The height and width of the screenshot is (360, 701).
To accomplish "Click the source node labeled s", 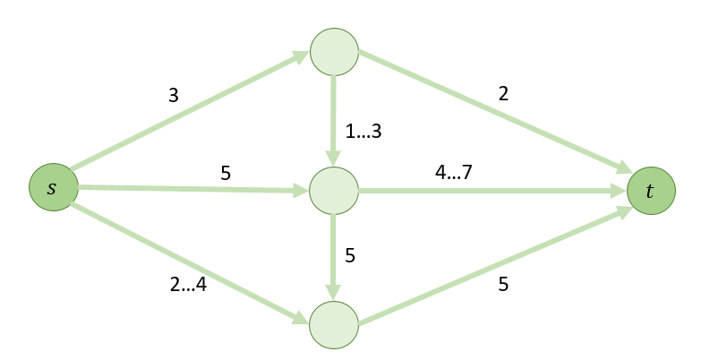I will tap(53, 188).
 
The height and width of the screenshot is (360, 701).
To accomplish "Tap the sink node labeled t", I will tap(651, 191).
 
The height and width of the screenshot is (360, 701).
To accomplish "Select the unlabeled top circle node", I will tap(334, 53).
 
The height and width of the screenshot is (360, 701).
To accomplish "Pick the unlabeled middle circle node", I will tap(334, 190).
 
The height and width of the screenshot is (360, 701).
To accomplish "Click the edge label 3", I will tap(173, 93).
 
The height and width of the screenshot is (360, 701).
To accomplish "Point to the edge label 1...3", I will tap(363, 132).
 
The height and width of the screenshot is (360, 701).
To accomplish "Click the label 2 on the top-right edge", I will tap(503, 93).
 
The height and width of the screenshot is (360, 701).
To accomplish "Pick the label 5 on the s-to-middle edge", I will tap(226, 173).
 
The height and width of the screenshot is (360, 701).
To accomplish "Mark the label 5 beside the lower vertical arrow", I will tap(350, 255).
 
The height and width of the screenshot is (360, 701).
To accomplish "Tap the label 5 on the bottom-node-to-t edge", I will tap(503, 286).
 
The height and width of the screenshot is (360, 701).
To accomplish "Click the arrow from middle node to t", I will tap(492, 191).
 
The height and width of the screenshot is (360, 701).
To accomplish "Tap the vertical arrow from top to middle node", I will tap(334, 121).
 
